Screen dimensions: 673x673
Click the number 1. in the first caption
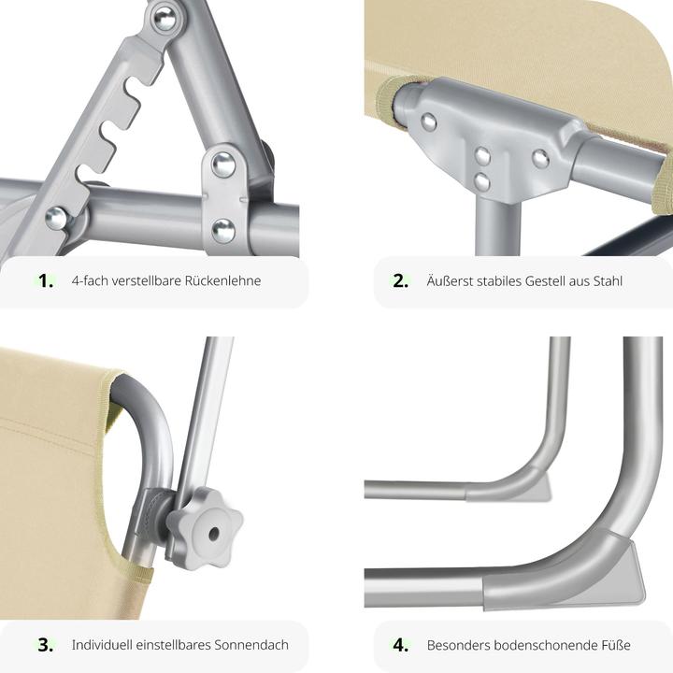(46, 280)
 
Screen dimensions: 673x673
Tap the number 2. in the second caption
(400, 280)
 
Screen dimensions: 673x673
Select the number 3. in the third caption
(46, 645)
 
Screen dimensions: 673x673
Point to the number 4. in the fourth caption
(400, 645)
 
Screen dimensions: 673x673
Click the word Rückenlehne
(222, 280)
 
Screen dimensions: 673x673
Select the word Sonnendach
(251, 645)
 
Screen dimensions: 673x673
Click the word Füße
(615, 645)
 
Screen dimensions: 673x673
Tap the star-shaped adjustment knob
(205, 528)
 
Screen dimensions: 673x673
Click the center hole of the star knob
(214, 535)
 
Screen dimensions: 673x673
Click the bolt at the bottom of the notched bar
(57, 218)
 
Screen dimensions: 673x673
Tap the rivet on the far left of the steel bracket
(428, 122)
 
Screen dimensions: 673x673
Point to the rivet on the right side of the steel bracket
(541, 159)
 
